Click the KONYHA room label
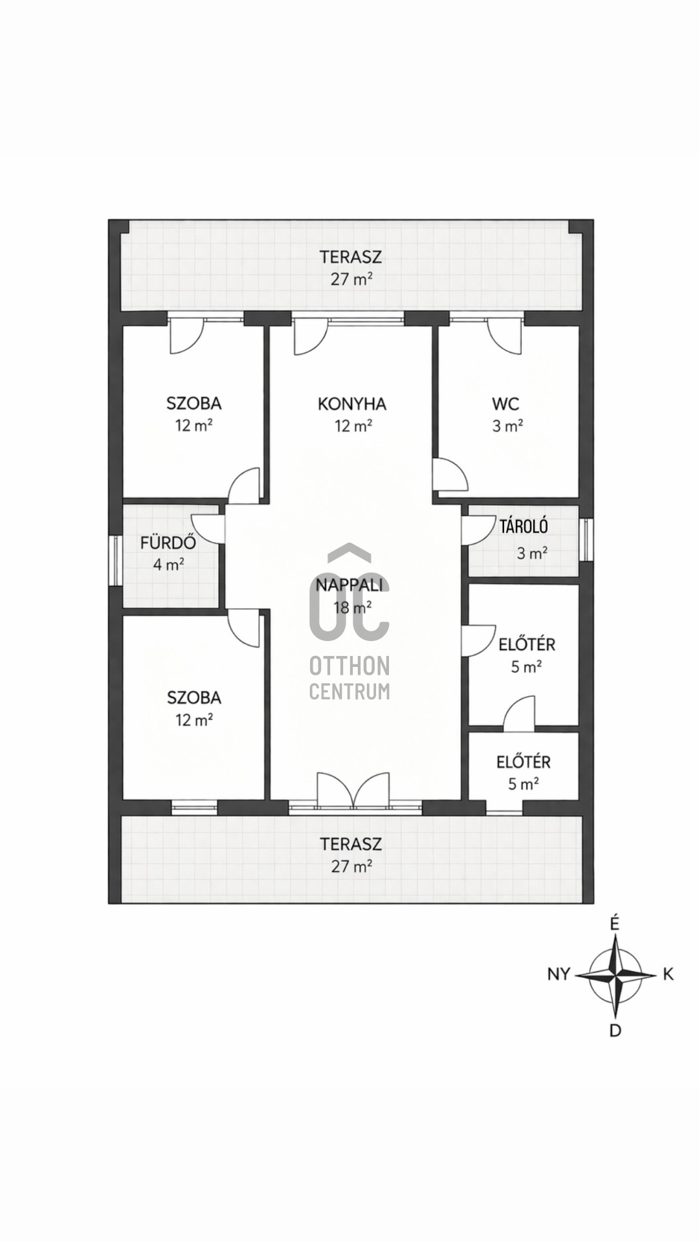pyautogui.click(x=352, y=404)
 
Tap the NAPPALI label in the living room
pyautogui.click(x=349, y=585)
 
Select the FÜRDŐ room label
pyautogui.click(x=168, y=542)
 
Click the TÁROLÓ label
pyautogui.click(x=524, y=526)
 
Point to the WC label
pyautogui.click(x=505, y=404)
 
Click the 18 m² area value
pyautogui.click(x=352, y=607)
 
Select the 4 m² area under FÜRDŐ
pyautogui.click(x=168, y=564)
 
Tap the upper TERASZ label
pyautogui.click(x=351, y=257)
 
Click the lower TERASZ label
pyautogui.click(x=351, y=844)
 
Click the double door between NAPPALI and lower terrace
pyautogui.click(x=353, y=790)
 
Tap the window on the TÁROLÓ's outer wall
pyautogui.click(x=586, y=539)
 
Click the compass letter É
pyautogui.click(x=615, y=924)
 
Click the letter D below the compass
pyautogui.click(x=616, y=1030)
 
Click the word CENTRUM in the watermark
pyautogui.click(x=349, y=691)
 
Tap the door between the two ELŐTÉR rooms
pyautogui.click(x=520, y=712)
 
